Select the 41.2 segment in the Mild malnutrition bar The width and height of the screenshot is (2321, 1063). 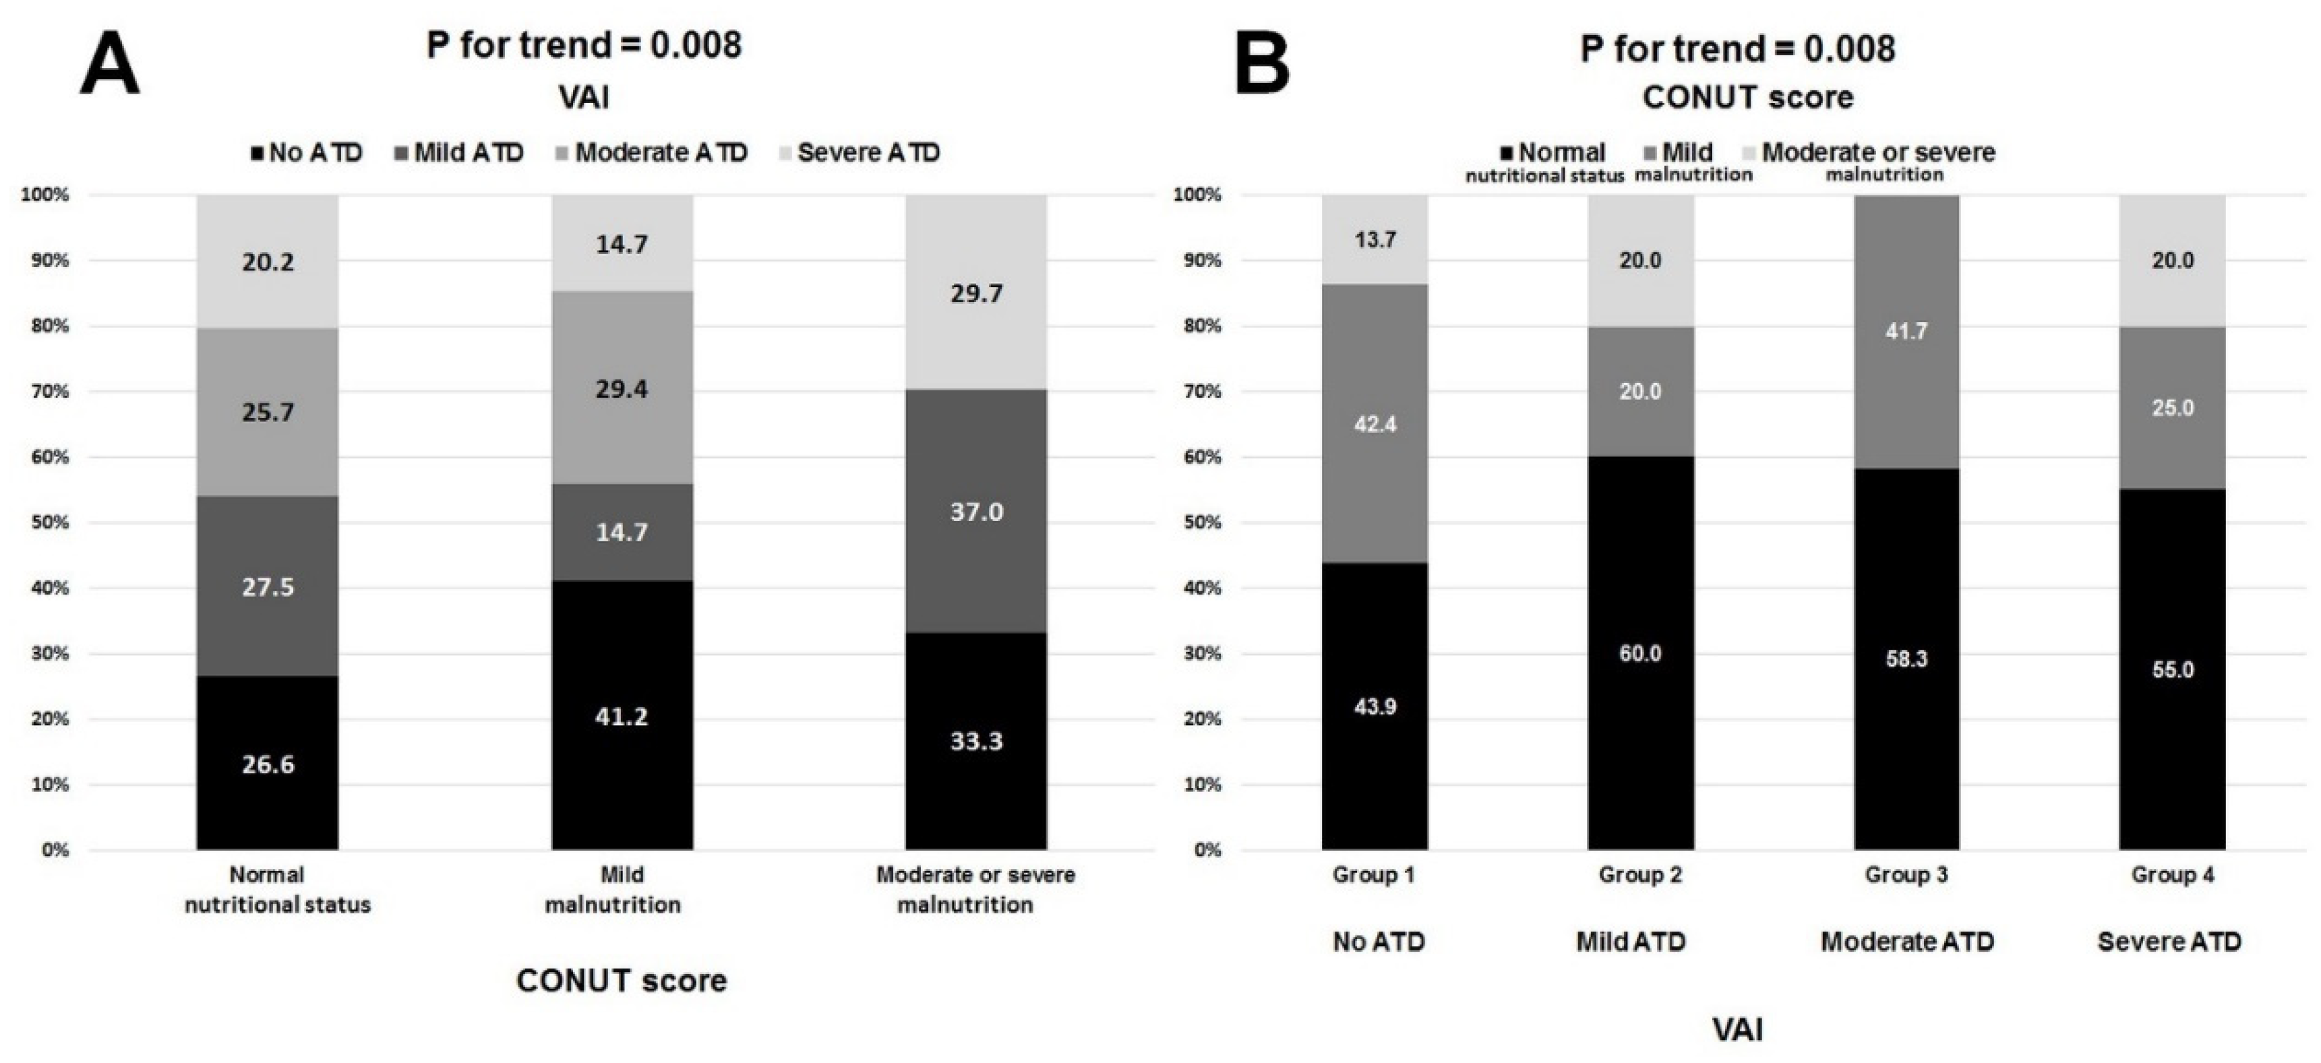[x=622, y=715]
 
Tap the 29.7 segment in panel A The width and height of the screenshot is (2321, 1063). [x=976, y=293]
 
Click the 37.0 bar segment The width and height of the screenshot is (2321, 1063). [x=976, y=511]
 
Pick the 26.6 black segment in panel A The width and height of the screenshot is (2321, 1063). [x=268, y=763]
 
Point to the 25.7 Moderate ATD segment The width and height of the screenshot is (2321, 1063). [x=268, y=412]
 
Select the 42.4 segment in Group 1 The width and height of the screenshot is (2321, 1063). [x=1375, y=423]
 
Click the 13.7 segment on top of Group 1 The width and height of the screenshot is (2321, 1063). [x=1375, y=239]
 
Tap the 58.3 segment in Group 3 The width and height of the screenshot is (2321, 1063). [x=1906, y=659]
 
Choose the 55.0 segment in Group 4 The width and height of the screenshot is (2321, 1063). [x=2172, y=669]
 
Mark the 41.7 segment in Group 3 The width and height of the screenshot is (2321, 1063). [x=1906, y=330]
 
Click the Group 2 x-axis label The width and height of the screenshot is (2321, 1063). [x=1640, y=875]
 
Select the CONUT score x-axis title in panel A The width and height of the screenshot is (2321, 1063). [x=622, y=980]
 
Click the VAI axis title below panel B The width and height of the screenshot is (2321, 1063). [x=1737, y=1029]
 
